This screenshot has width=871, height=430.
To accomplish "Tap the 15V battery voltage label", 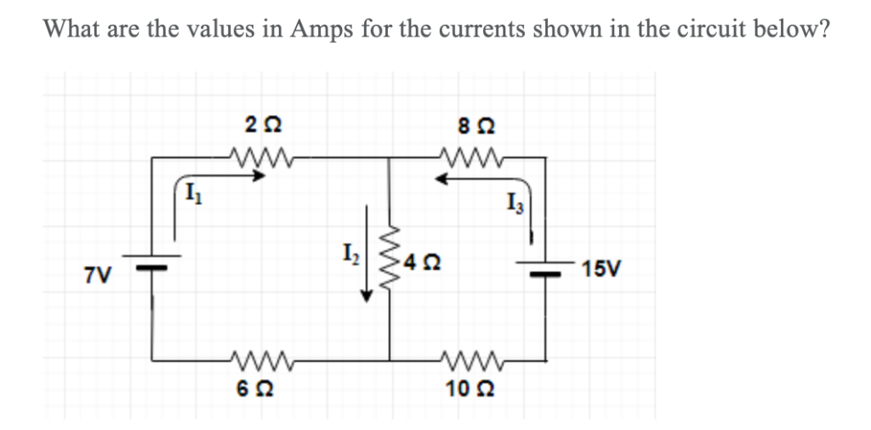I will (x=602, y=271).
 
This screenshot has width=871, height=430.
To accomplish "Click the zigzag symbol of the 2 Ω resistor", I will (x=254, y=158).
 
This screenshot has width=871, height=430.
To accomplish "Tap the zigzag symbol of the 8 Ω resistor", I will (x=468, y=158).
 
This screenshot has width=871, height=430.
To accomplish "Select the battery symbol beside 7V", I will (x=153, y=261).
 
